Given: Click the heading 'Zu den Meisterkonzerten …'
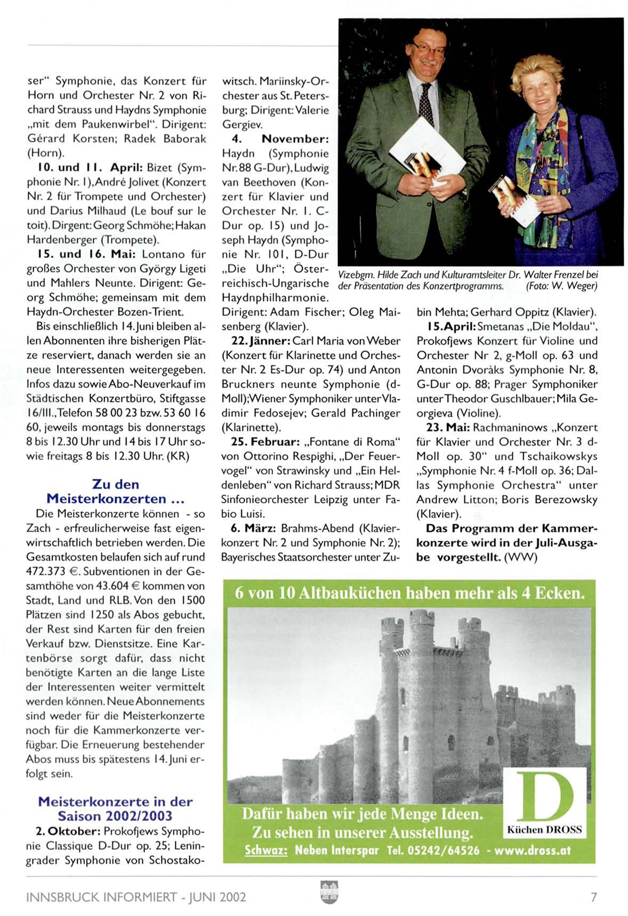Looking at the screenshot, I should pos(115,492).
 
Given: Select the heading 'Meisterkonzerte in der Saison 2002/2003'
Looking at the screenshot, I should pos(115,808).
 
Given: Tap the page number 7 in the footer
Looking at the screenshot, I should pos(593,897).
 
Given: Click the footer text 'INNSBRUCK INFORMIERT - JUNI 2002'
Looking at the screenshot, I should pos(136,897).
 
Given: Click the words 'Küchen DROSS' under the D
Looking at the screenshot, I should pos(544,830).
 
